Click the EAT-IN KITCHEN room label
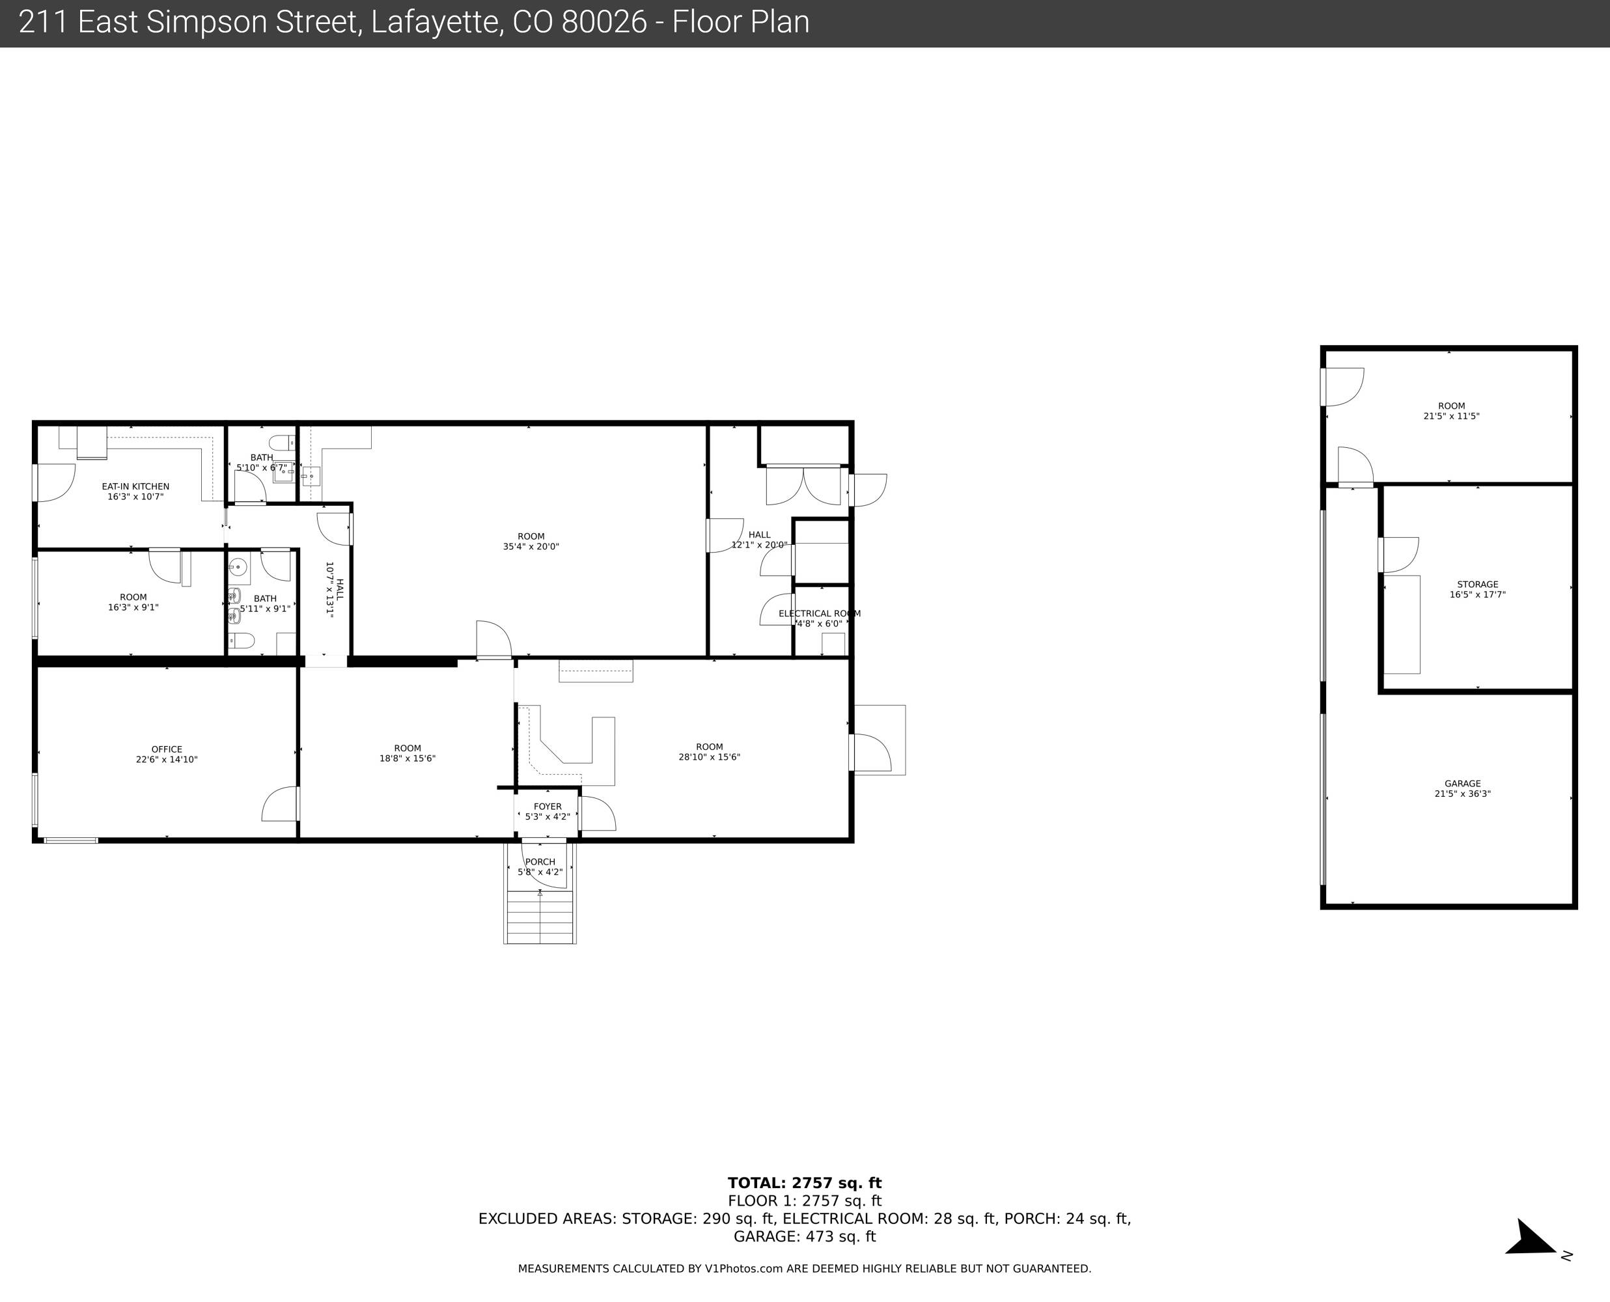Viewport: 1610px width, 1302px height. point(135,487)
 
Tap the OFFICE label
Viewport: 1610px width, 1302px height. point(167,749)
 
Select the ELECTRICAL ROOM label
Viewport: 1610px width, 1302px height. point(820,613)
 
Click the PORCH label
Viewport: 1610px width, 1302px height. point(540,863)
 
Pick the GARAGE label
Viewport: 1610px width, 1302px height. point(1462,784)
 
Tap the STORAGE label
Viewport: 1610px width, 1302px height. point(1477,584)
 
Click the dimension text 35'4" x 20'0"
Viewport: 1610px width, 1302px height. point(531,547)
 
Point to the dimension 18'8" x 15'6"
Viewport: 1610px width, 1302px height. point(407,758)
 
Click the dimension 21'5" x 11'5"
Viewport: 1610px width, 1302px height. point(1452,416)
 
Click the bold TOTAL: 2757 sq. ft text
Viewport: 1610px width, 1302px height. point(805,1183)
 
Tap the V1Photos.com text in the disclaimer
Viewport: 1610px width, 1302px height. point(743,1269)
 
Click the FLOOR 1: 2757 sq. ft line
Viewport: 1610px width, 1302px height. point(805,1200)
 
